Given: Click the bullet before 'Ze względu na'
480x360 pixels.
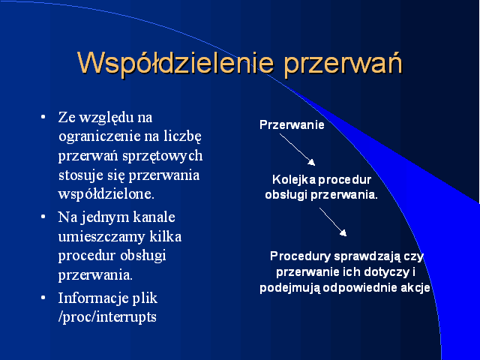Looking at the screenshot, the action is (x=43, y=117).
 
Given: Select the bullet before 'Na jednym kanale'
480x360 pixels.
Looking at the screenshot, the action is (x=43, y=217).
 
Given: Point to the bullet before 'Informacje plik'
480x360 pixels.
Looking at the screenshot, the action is (x=43, y=298).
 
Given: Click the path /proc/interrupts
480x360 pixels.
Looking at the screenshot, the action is (x=107, y=316).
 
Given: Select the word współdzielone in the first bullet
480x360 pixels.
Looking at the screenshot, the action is (x=106, y=194).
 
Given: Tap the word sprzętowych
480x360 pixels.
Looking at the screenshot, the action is (x=163, y=156).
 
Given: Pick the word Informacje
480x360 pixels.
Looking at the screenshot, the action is (x=93, y=298).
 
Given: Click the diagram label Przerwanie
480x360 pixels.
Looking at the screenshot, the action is (x=292, y=124).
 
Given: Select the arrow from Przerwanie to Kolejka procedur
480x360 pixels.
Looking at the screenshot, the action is (x=297, y=150).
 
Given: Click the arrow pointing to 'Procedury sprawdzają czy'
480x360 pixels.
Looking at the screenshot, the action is (x=333, y=222).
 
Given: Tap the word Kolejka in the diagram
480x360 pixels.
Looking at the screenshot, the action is (x=294, y=180).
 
